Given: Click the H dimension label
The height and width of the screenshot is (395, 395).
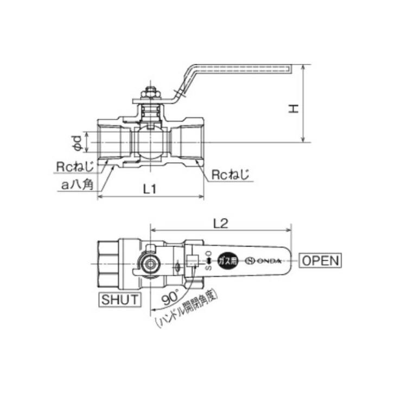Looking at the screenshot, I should click(x=294, y=109).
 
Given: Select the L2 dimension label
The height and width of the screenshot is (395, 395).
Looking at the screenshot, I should click(x=221, y=222).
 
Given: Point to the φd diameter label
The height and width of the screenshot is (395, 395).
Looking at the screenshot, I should click(x=78, y=142).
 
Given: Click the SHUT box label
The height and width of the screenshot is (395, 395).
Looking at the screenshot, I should click(x=119, y=299).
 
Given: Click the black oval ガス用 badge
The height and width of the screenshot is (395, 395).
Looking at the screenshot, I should click(x=228, y=260).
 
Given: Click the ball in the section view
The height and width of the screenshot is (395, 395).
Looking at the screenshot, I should click(x=150, y=143).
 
